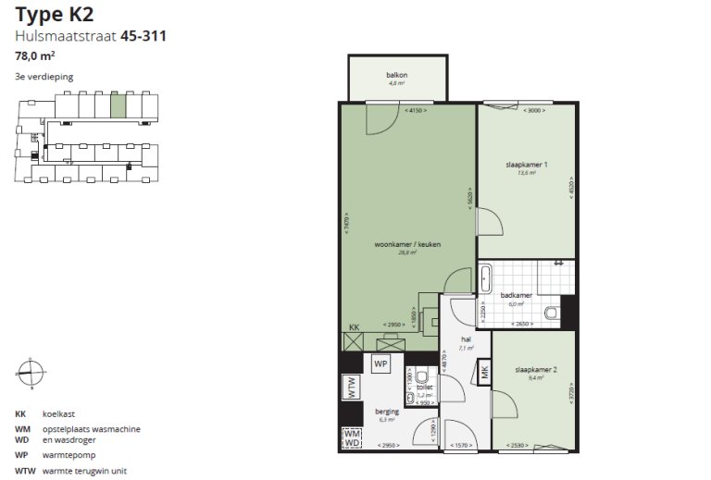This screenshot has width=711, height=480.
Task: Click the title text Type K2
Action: [x=55, y=15]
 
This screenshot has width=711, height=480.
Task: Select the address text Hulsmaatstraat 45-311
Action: [x=91, y=36]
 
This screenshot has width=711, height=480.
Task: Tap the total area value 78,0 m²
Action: [x=34, y=55]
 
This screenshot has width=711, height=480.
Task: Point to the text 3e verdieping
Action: [x=44, y=77]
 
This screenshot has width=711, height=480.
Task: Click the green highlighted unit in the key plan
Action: [x=118, y=105]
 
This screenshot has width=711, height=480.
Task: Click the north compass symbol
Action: [x=29, y=372]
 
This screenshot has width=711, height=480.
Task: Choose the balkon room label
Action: [x=397, y=75]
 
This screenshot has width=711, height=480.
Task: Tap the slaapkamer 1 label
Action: [x=527, y=165]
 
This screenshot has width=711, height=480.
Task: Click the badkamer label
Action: [x=516, y=295]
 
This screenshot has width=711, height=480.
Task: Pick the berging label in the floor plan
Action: [x=386, y=411]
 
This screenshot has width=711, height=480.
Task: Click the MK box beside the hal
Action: [x=483, y=373]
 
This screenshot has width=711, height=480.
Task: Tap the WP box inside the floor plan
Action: [x=380, y=364]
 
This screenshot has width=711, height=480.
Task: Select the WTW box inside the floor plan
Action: [x=351, y=388]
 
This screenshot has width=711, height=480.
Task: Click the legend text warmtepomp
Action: [x=68, y=455]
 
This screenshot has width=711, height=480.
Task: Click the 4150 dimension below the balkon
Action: [x=416, y=111]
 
